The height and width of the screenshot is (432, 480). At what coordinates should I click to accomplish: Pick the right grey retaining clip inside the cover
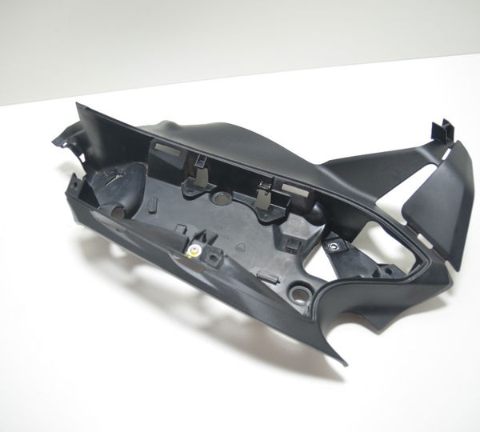pyautogui.click(x=262, y=192)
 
